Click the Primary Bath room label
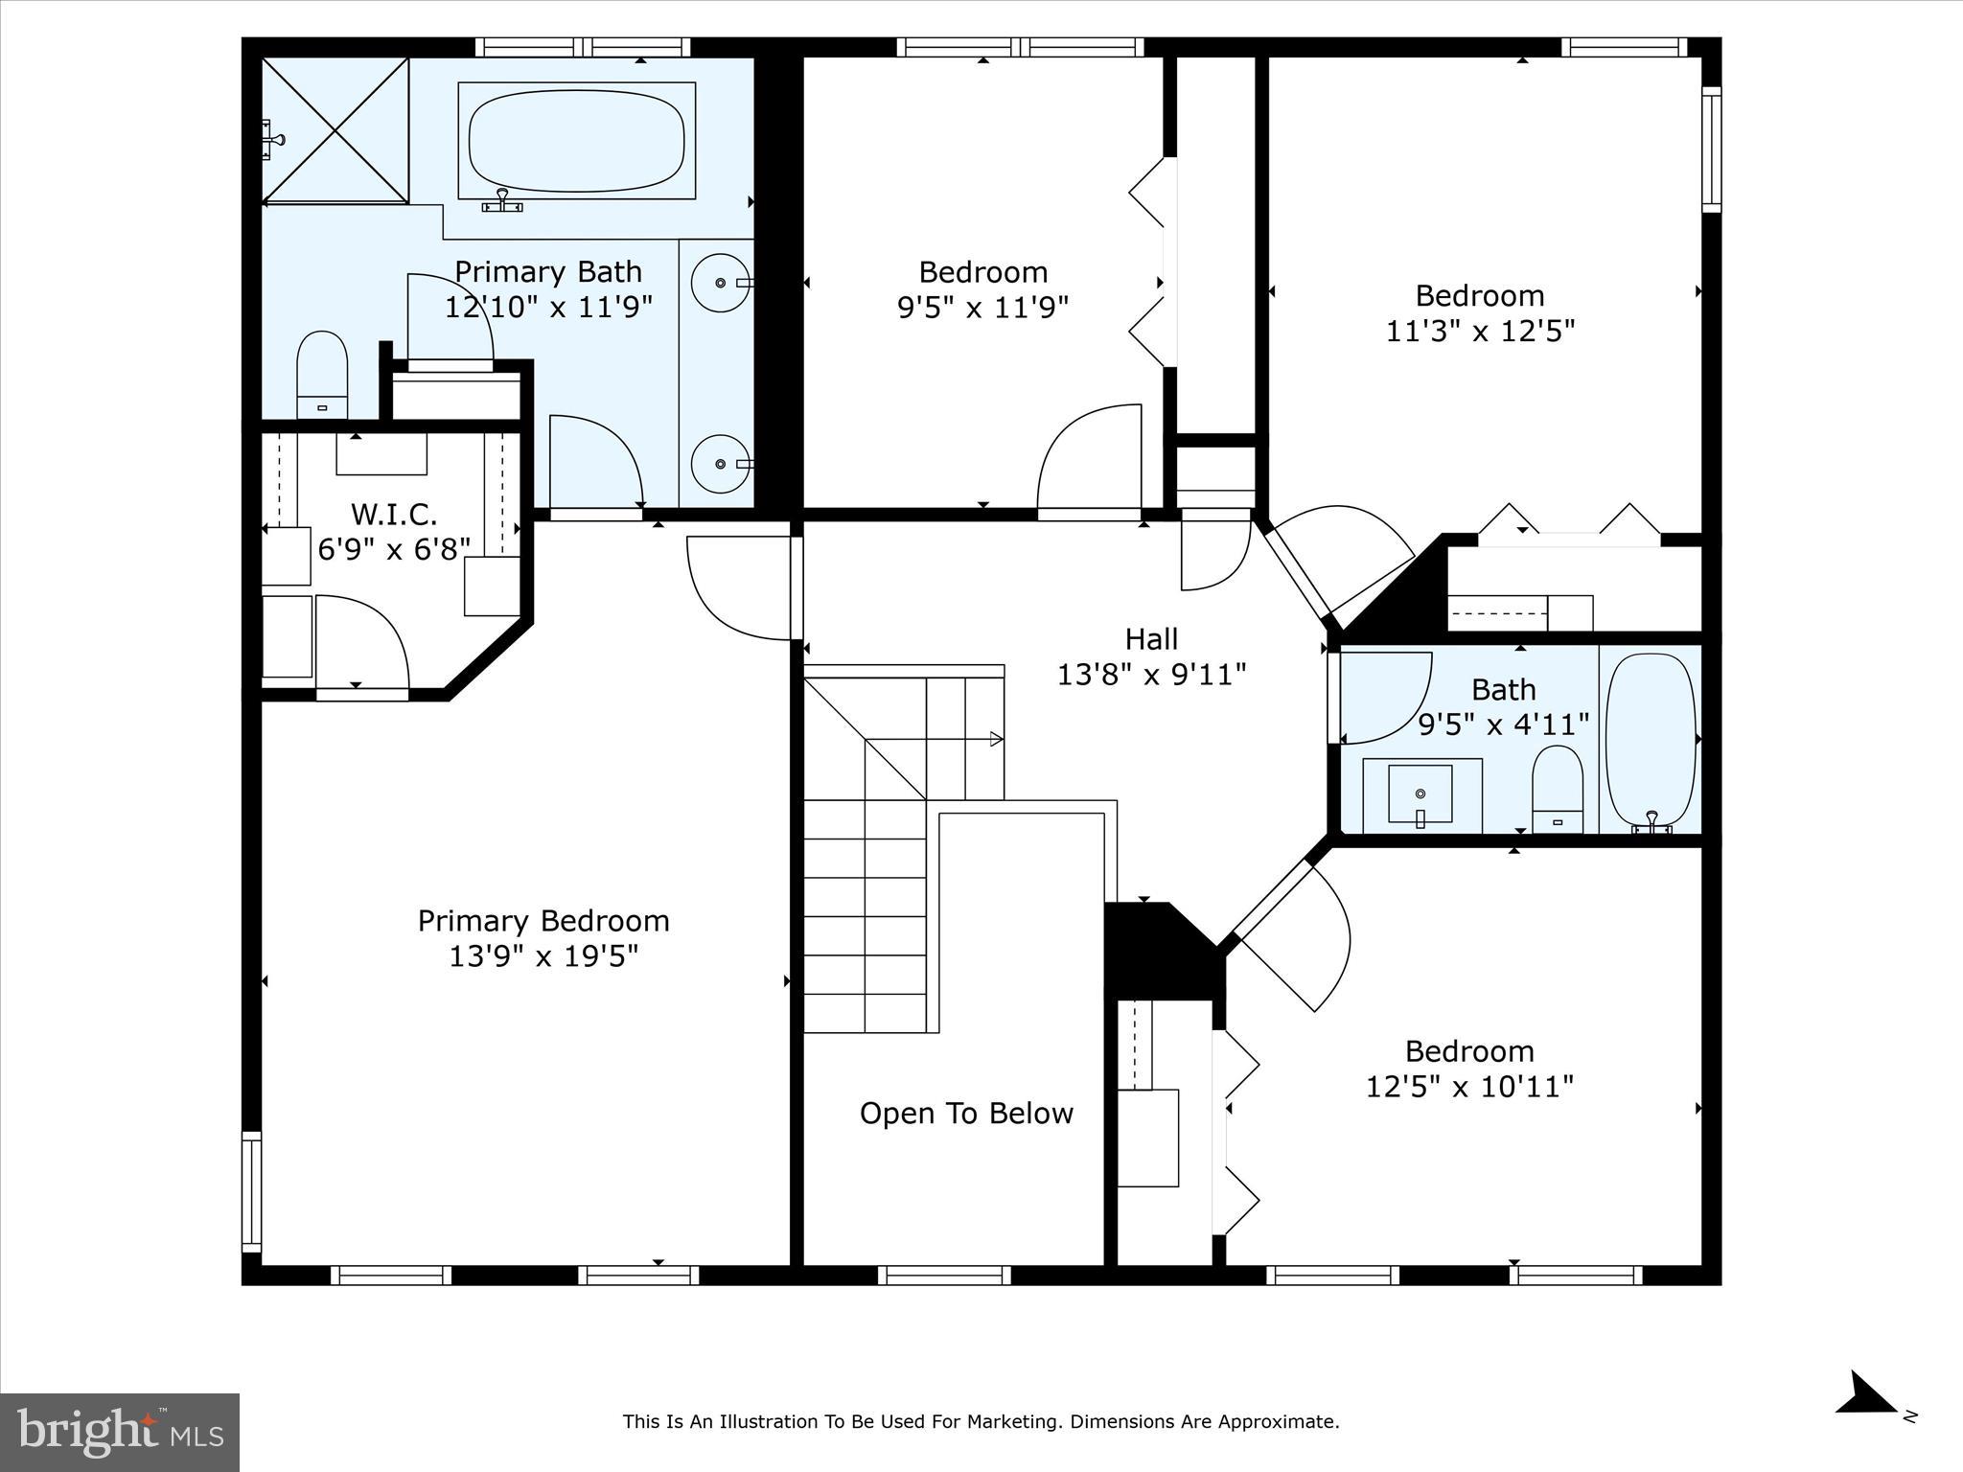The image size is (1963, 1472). pyautogui.click(x=547, y=272)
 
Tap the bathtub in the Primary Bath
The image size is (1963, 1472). pyautogui.click(x=576, y=141)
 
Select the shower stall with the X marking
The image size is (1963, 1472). pyautogui.click(x=335, y=130)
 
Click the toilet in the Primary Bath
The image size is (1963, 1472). pyautogui.click(x=322, y=374)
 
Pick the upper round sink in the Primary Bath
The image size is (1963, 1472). pyautogui.click(x=721, y=283)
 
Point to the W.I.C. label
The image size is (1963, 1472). pyautogui.click(x=394, y=515)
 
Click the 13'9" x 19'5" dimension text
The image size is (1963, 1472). pyautogui.click(x=543, y=956)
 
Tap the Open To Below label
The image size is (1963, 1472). pyautogui.click(x=966, y=1114)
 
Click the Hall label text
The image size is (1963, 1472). pyautogui.click(x=1151, y=639)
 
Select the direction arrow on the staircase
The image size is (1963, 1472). pyautogui.click(x=996, y=739)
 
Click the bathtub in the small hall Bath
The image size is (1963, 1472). pyautogui.click(x=1651, y=739)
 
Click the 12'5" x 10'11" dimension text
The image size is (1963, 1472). pyautogui.click(x=1469, y=1087)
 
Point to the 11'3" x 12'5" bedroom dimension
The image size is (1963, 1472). pyautogui.click(x=1480, y=332)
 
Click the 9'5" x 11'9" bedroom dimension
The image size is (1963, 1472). pyautogui.click(x=982, y=308)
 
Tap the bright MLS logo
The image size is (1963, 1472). pyautogui.click(x=120, y=1433)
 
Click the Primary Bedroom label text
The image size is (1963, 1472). pyautogui.click(x=543, y=921)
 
